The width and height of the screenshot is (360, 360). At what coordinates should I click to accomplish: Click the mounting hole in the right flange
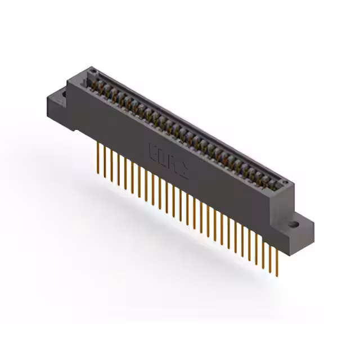click(293, 224)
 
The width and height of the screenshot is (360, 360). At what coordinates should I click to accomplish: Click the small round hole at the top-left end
click(94, 73)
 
